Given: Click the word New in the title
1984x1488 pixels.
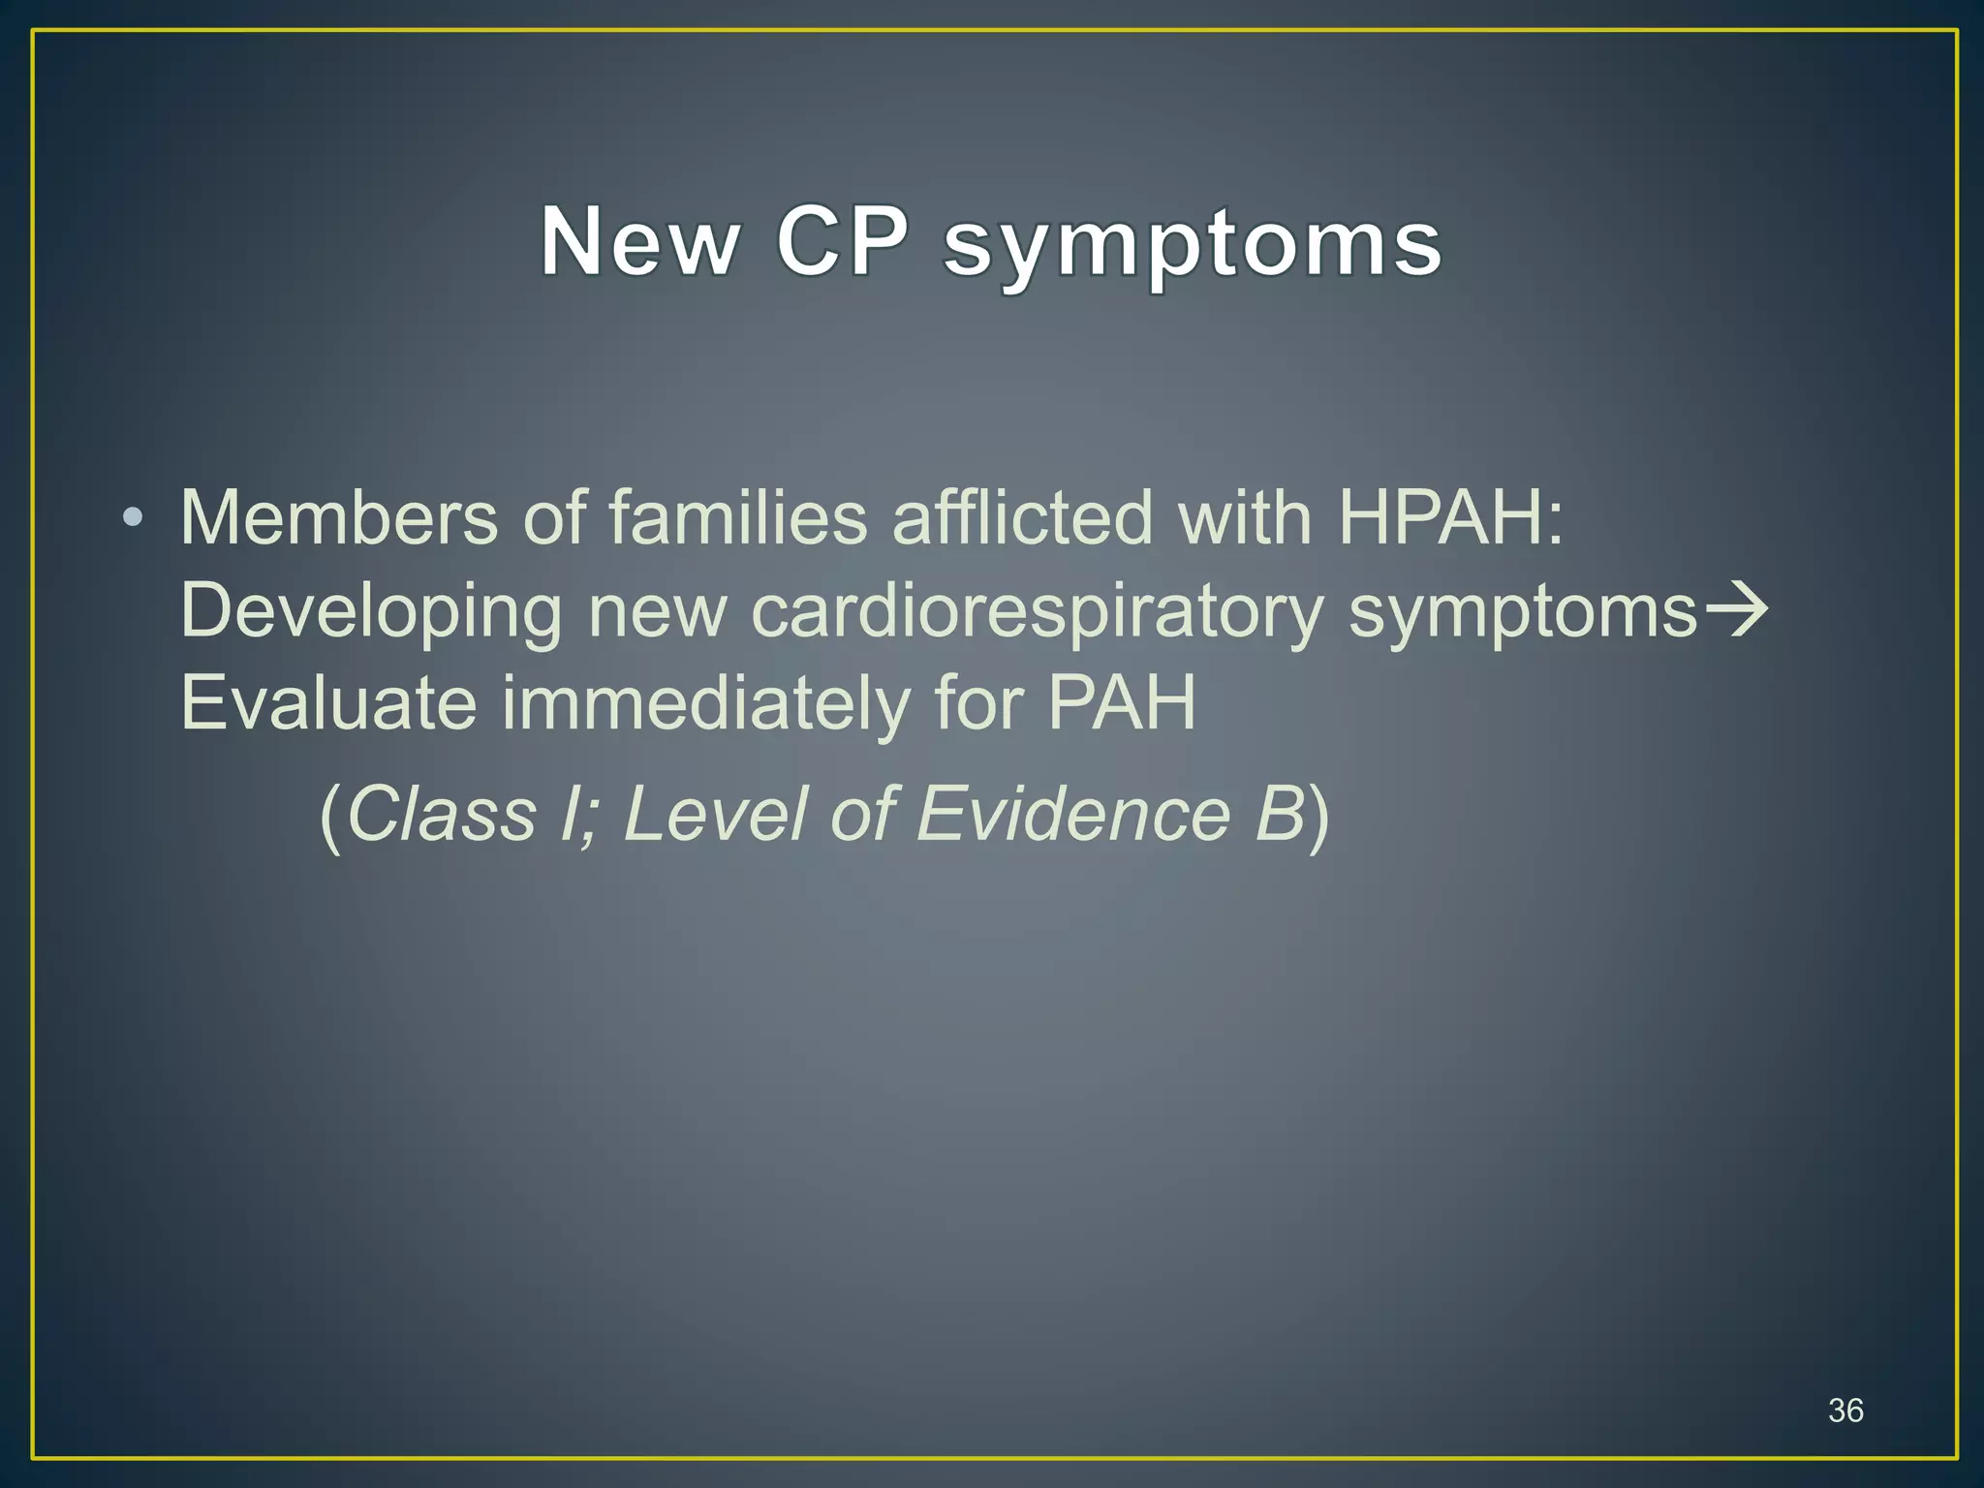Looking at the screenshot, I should pos(639,241).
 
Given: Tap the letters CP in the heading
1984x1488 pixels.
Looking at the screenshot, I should pos(842,241).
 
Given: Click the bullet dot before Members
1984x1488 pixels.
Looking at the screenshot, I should pos(133,517).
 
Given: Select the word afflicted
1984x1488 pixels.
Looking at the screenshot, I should pos(1022,517).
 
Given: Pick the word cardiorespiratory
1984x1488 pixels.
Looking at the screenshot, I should pos(1037,612).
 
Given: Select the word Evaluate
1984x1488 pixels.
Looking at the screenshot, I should pos(328,703).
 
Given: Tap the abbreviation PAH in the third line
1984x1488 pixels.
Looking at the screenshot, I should pos(1121,703).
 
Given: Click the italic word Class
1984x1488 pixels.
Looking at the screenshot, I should pos(441,814).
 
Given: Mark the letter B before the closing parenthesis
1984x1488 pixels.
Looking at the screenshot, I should pos(1279,814).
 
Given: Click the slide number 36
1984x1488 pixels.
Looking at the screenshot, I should pos(1844,1410).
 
